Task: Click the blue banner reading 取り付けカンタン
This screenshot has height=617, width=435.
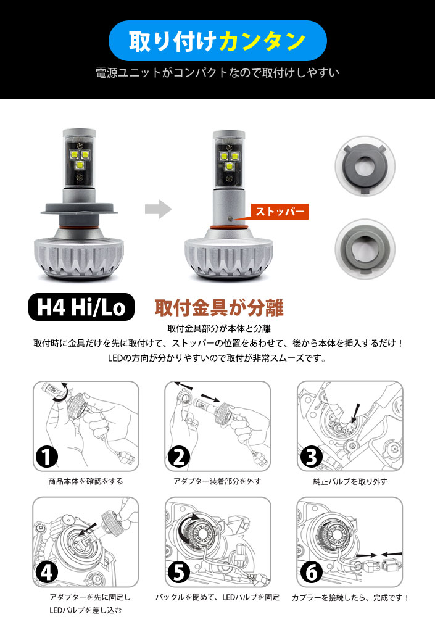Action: (x=217, y=41)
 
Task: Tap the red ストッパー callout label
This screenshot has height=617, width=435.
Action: (x=280, y=211)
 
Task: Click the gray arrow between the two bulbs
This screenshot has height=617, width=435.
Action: (x=158, y=209)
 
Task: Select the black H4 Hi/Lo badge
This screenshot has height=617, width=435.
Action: (x=81, y=307)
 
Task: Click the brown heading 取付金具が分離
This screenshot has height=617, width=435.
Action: (x=219, y=308)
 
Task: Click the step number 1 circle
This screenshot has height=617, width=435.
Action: (x=46, y=457)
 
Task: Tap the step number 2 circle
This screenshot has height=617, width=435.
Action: (x=179, y=457)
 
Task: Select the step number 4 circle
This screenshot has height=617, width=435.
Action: (x=46, y=573)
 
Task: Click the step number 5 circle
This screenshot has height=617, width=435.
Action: (x=179, y=573)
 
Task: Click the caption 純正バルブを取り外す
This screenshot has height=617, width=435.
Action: (x=350, y=482)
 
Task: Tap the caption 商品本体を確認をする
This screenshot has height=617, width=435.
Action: (x=86, y=481)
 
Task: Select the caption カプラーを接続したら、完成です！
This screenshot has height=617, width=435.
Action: (x=350, y=598)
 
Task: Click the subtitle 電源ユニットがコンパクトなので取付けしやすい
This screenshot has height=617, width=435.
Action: (x=217, y=73)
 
